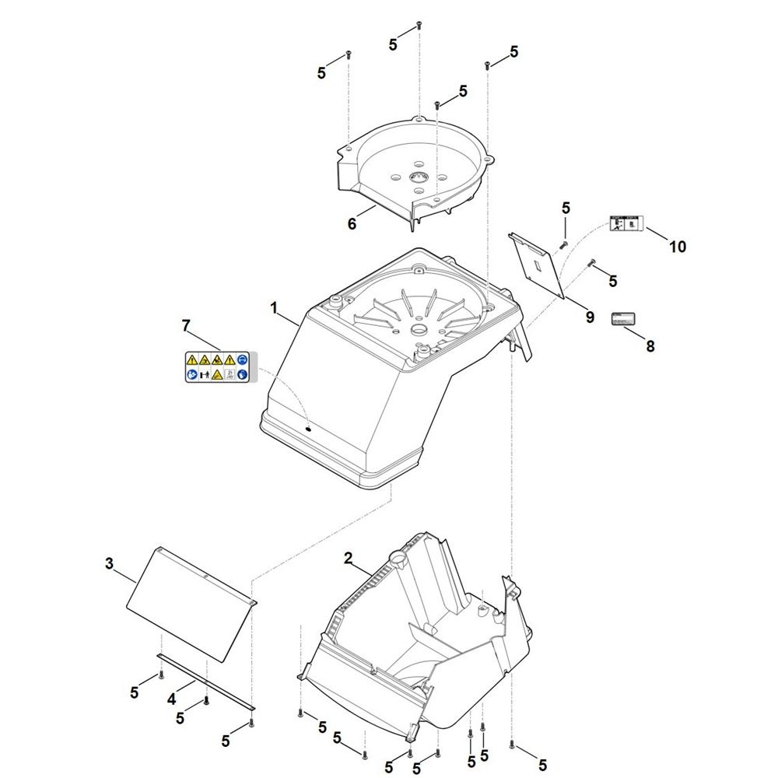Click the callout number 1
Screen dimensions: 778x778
coord(274,309)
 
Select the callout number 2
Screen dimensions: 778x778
coord(348,558)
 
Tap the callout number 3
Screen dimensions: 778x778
coord(109,562)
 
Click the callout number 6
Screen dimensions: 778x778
coord(352,224)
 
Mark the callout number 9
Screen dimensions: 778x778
coord(590,317)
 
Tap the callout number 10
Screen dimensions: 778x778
coord(678,247)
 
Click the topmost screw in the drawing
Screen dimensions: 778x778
coord(419,25)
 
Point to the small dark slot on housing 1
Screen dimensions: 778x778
coord(309,427)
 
